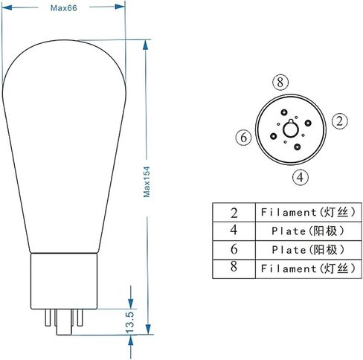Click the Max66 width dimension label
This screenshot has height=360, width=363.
point(64,8)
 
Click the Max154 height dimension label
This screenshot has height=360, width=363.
point(147,181)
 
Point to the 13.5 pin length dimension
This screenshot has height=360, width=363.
point(130,322)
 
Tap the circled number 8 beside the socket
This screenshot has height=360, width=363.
point(280,83)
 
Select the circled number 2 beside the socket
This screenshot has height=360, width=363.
point(340,121)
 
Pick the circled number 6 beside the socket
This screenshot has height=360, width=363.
point(244,138)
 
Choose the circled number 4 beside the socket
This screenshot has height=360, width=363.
point(301,178)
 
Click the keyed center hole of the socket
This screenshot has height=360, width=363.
point(291,129)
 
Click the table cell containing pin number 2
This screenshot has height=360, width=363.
point(234,213)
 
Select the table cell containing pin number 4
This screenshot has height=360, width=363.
point(234,231)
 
